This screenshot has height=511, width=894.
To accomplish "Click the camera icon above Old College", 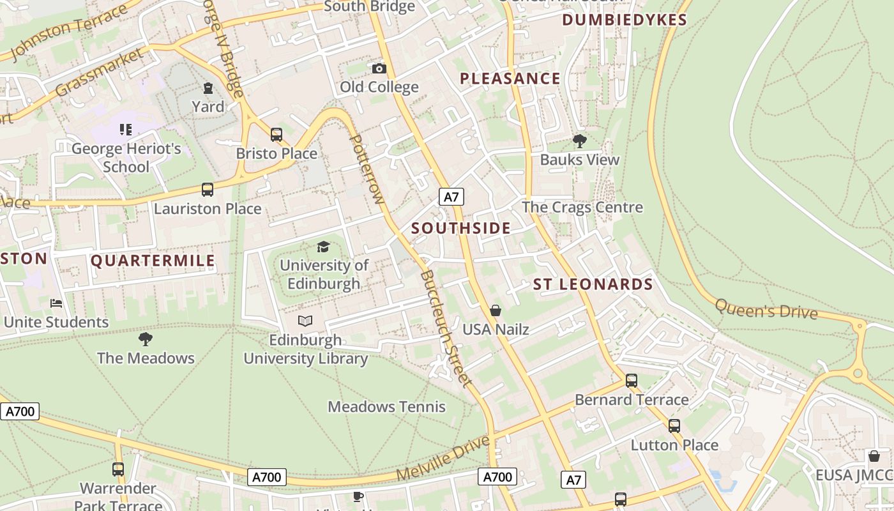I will pos(379,68).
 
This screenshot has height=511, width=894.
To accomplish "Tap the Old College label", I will pos(379,87).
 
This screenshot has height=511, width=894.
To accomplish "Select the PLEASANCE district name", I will pos(510,79).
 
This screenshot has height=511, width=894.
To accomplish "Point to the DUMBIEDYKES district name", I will pos(624,20).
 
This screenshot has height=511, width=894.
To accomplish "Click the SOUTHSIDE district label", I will pos(460,228).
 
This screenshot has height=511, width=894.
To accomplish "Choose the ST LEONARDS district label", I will pos(593,285).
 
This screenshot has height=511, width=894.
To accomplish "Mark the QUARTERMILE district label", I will pos(153,261).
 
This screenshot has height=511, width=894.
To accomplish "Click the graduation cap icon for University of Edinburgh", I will pos(324,247).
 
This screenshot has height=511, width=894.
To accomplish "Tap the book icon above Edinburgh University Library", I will pos(305,321).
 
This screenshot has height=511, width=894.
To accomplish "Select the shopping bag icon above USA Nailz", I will pos(496,311).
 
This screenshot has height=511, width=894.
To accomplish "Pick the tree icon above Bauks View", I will pos(579,141).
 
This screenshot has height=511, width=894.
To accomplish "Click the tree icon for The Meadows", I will pos(146,339).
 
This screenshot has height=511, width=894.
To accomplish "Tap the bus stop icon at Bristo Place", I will pos(277,135).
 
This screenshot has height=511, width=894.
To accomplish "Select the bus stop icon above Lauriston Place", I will pos(208,190).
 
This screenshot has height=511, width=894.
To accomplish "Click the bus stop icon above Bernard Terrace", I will pos(632,381).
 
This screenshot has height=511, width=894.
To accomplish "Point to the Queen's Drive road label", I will pos(766,309).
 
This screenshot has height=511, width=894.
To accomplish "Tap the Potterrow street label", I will pos(367,169).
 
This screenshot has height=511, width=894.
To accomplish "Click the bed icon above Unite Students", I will pos(56,303).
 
